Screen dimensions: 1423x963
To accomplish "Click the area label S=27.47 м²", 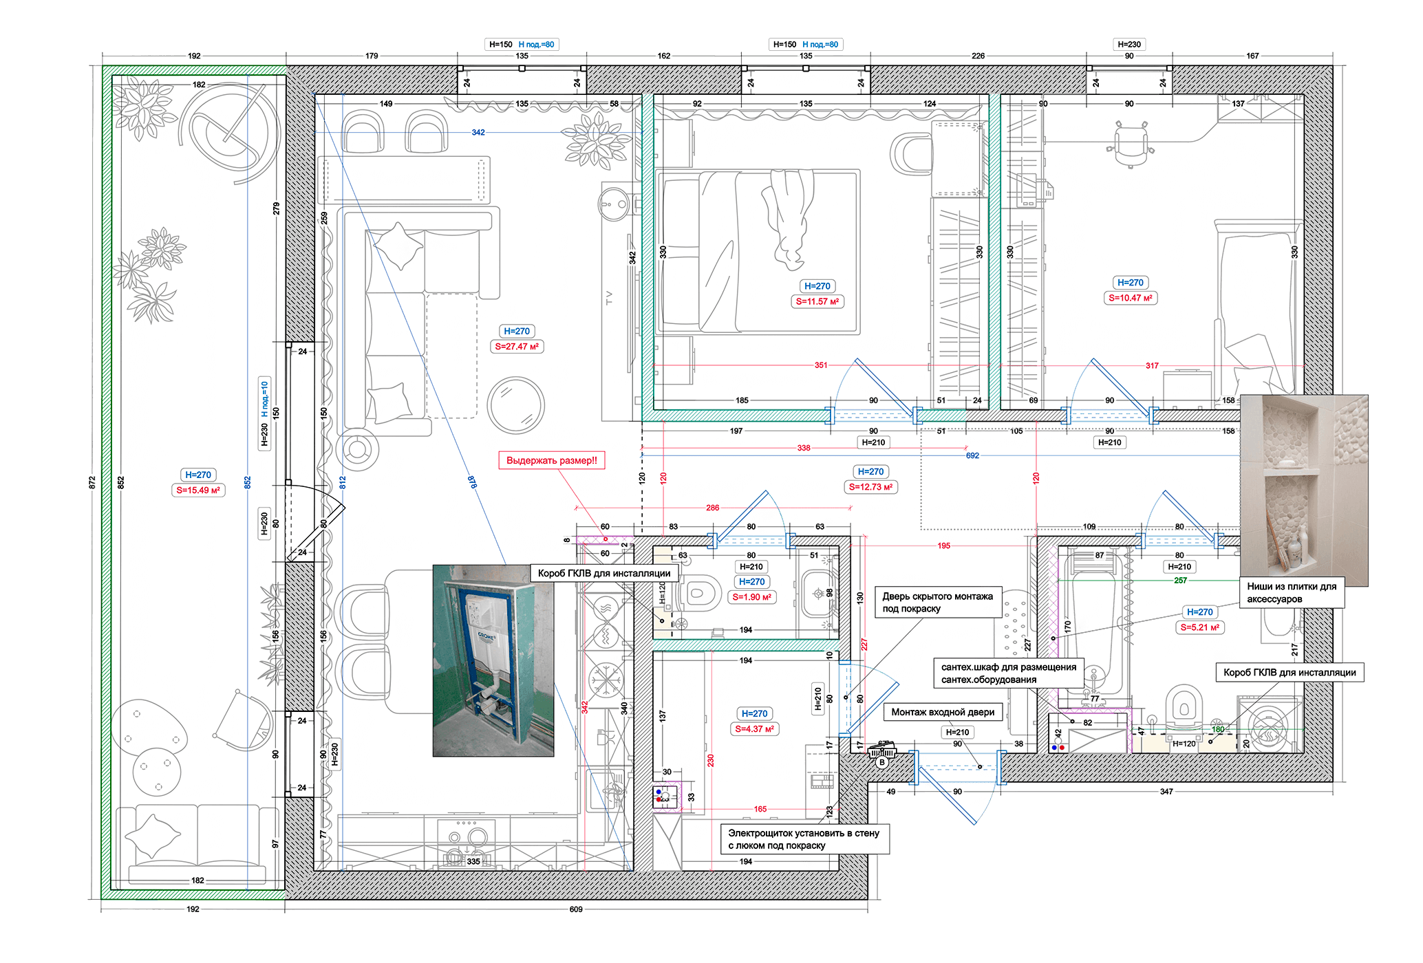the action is [x=517, y=347].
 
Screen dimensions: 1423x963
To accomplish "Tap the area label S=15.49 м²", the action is [x=198, y=490].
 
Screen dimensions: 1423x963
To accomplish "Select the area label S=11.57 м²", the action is [x=817, y=301].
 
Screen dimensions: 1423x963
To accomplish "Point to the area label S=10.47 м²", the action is [x=1131, y=298].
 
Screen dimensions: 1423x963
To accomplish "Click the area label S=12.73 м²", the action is [x=870, y=487].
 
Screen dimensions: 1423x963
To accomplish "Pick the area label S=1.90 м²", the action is [x=752, y=597].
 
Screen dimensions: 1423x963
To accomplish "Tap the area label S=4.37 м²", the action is [x=755, y=729].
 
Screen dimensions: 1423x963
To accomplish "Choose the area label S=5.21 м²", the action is [x=1200, y=627].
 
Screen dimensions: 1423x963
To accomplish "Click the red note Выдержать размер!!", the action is [x=552, y=461].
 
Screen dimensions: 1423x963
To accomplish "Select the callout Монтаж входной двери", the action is [x=943, y=712].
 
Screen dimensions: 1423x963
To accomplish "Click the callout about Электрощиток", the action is [x=804, y=839].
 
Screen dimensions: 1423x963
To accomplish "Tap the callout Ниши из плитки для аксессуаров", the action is [x=1292, y=593].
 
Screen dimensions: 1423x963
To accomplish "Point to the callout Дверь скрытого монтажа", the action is [x=938, y=603].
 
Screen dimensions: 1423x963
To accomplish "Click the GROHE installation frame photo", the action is [x=493, y=661].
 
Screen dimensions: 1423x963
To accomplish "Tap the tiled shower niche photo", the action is [x=1304, y=490].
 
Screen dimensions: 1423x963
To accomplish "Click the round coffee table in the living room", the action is [x=515, y=405].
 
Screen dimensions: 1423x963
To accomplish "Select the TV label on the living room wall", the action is [x=608, y=298].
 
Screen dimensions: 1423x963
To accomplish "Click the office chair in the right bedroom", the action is [x=1131, y=144].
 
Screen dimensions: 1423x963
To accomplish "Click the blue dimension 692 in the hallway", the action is [x=972, y=455].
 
